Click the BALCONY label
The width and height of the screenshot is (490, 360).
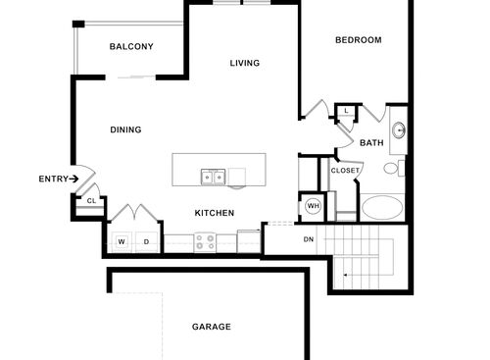pyautogui.click(x=131, y=47)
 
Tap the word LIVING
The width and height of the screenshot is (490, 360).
pyautogui.click(x=245, y=64)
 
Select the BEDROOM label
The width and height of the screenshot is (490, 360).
pyautogui.click(x=358, y=40)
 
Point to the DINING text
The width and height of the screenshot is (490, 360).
pyautogui.click(x=125, y=129)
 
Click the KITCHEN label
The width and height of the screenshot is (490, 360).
pyautogui.click(x=214, y=213)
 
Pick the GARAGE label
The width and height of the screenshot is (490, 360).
pyautogui.click(x=211, y=327)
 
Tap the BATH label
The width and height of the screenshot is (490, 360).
pyautogui.click(x=371, y=143)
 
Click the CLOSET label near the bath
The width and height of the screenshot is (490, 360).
pyautogui.click(x=345, y=171)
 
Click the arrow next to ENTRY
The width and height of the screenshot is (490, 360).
pyautogui.click(x=74, y=179)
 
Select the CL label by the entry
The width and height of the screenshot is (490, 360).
pyautogui.click(x=90, y=201)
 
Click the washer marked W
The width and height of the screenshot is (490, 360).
pyautogui.click(x=122, y=241)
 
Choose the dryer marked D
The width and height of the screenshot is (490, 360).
pyautogui.click(x=146, y=241)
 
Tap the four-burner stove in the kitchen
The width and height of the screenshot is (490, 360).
pyautogui.click(x=205, y=240)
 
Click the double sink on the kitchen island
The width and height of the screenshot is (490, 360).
pyautogui.click(x=213, y=178)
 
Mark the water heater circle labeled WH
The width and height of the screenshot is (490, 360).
pyautogui.click(x=314, y=206)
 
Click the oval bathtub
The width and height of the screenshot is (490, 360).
pyautogui.click(x=382, y=208)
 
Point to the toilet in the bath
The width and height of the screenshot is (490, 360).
pyautogui.click(x=391, y=169)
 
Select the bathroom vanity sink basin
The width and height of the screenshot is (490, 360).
pyautogui.click(x=399, y=131)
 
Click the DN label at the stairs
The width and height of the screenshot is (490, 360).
pyautogui.click(x=308, y=239)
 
